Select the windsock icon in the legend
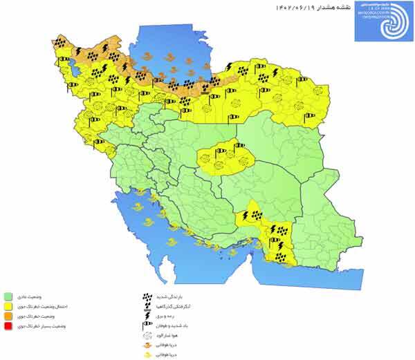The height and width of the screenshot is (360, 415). point(146,323)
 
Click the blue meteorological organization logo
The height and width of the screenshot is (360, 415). point(381,21)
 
